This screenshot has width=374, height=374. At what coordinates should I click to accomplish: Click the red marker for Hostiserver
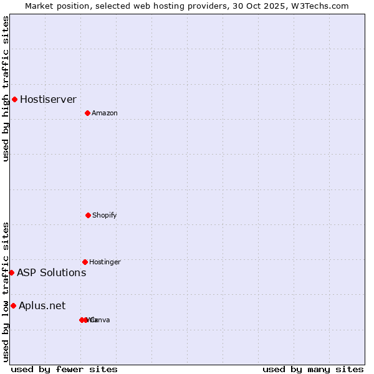tap(14, 99)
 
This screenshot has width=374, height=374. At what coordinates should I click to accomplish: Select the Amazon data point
tap(87, 113)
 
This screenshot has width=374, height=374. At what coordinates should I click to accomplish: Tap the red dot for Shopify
tap(88, 215)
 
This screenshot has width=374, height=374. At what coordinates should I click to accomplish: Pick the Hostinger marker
tap(85, 262)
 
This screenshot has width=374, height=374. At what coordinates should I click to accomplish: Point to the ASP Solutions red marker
tap(11, 272)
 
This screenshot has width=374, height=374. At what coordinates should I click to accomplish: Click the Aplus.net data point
tap(13, 305)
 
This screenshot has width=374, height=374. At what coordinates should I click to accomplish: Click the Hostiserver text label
tap(48, 99)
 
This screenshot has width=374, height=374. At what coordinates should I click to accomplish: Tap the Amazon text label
tap(104, 113)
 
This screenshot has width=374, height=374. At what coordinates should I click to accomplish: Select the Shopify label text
tap(104, 215)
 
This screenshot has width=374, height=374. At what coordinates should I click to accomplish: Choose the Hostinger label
tap(105, 262)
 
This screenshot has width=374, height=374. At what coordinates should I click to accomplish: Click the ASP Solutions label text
tap(51, 272)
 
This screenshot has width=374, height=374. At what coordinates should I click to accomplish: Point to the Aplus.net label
tap(42, 305)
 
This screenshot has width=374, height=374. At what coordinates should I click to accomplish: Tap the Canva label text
tap(101, 320)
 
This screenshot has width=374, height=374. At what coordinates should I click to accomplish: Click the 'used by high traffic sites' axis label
tap(6, 89)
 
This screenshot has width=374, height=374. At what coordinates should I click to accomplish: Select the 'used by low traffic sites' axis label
tap(6, 292)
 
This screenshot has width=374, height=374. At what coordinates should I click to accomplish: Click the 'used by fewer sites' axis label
tap(64, 369)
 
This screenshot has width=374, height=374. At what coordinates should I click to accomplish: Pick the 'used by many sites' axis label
tap(313, 369)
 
